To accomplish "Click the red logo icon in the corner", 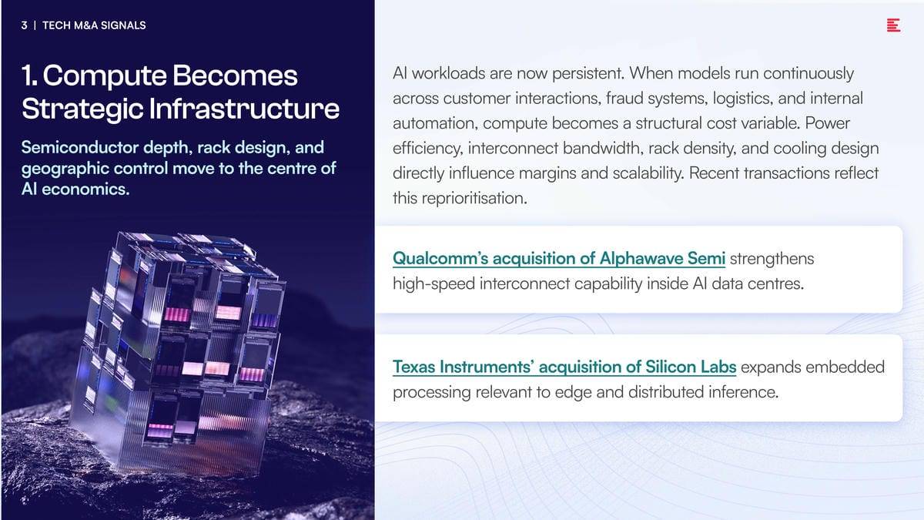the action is point(893,25).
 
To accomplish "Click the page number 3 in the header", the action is point(25,25).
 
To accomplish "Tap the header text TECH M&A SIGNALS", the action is point(94,25).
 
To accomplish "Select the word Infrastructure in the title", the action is point(244,109).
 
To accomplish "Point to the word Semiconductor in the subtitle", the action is point(80,147).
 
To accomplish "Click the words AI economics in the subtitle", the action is point(75,190).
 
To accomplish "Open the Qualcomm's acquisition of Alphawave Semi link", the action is point(559,259).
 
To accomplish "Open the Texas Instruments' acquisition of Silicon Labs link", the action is point(564,367).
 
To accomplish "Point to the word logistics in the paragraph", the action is point(742,99).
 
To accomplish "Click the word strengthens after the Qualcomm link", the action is point(772,259).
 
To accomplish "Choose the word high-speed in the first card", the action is point(434,284).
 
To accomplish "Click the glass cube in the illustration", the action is point(182,351).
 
